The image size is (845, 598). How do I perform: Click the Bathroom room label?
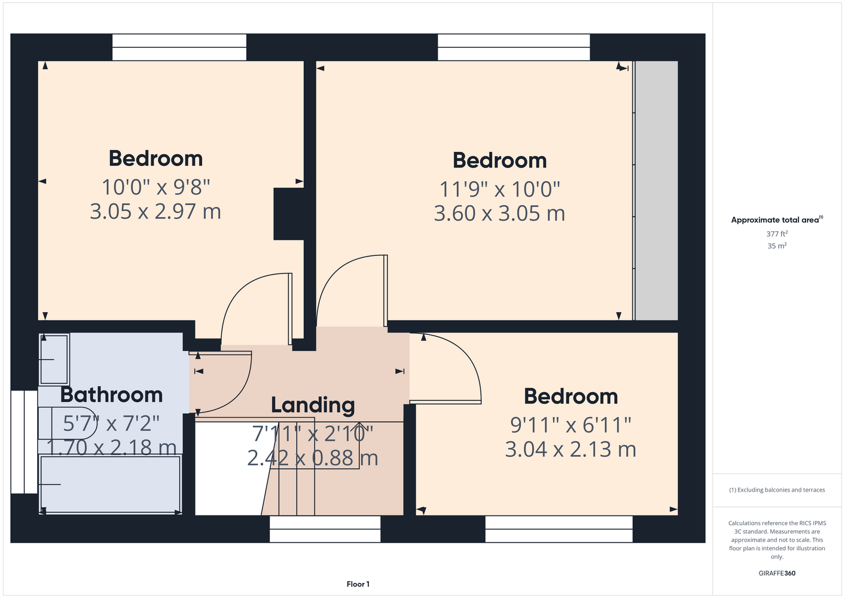pyautogui.click(x=111, y=395)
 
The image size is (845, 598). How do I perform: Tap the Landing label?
pyautogui.click(x=313, y=405)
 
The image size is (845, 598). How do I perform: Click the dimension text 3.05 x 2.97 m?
pyautogui.click(x=155, y=211)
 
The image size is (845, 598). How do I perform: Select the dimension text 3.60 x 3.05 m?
pyautogui.click(x=499, y=213)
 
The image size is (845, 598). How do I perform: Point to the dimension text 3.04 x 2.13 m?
pyautogui.click(x=571, y=449)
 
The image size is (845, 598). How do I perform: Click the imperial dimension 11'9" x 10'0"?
pyautogui.click(x=499, y=190)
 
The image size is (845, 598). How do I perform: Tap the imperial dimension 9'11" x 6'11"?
pyautogui.click(x=571, y=425)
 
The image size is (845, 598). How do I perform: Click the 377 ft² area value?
pyautogui.click(x=777, y=234)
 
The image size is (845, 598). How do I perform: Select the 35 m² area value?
pyautogui.click(x=777, y=246)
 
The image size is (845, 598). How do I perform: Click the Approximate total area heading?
pyautogui.click(x=777, y=219)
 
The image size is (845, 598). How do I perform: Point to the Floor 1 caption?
pyautogui.click(x=358, y=584)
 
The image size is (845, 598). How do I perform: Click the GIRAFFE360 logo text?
pyautogui.click(x=777, y=573)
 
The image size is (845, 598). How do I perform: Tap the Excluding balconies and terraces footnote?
pyautogui.click(x=777, y=490)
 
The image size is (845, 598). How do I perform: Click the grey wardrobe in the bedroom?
pyautogui.click(x=657, y=191)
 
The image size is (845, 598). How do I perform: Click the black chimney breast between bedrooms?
pyautogui.click(x=289, y=214)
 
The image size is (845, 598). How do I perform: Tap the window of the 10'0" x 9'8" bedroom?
pyautogui.click(x=179, y=47)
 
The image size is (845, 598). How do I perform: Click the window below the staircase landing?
pyautogui.click(x=325, y=529)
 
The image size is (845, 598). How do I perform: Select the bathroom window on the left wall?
pyautogui.click(x=24, y=442)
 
